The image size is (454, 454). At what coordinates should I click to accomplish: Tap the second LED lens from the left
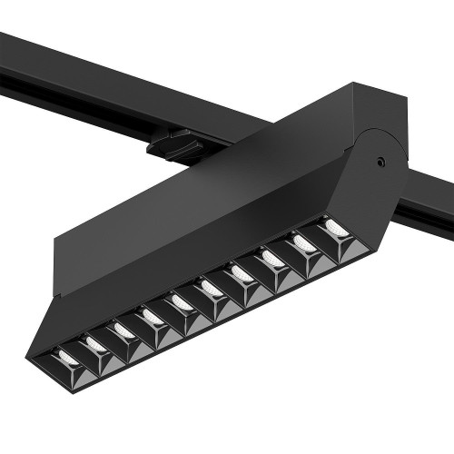tap(94, 343)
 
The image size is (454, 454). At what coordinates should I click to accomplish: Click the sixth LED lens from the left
tap(212, 287)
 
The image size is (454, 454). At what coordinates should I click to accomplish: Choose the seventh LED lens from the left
tap(242, 271)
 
